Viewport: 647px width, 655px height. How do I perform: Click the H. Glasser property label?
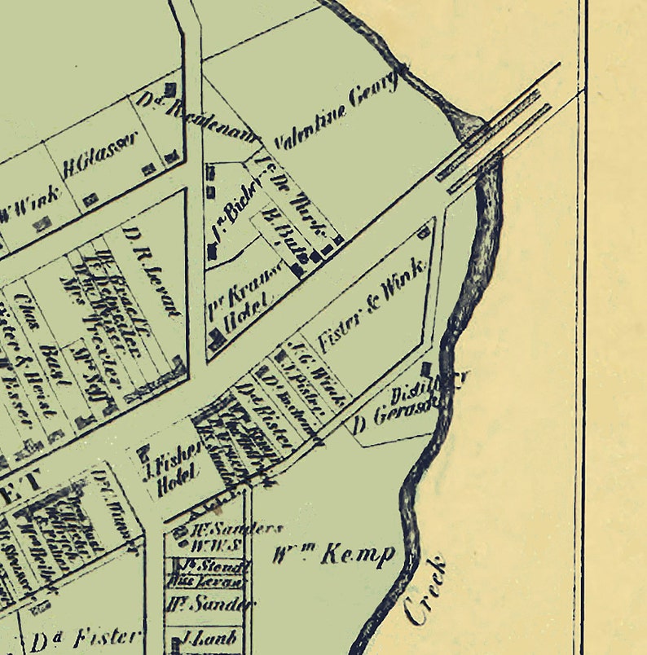pyautogui.click(x=100, y=156)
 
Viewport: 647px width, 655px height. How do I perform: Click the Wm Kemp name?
pyautogui.click(x=334, y=555)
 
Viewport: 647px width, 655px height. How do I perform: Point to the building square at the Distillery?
pyautogui.click(x=425, y=369)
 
